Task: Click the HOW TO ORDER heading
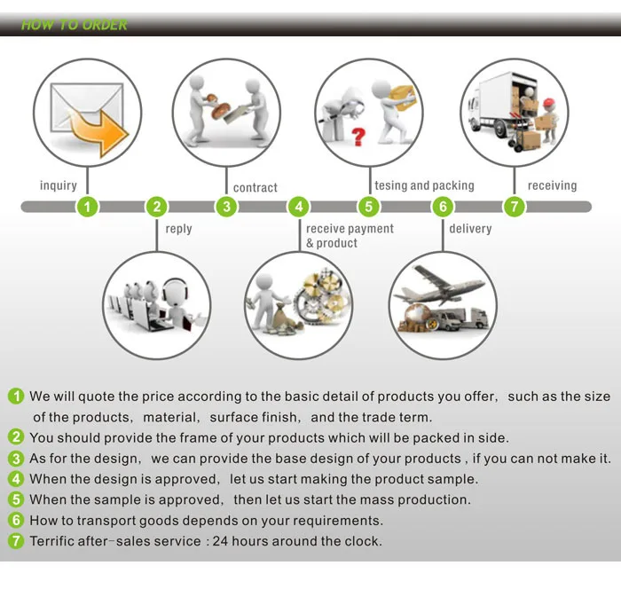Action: tap(75, 25)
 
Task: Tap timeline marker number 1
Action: tap(86, 208)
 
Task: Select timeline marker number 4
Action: tap(299, 208)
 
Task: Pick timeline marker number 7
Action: tap(514, 208)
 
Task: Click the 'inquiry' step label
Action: tap(59, 185)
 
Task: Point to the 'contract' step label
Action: tap(255, 188)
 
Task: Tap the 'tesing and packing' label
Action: tap(424, 185)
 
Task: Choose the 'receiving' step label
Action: tap(552, 185)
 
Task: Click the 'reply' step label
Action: tap(178, 229)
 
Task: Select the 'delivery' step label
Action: tap(470, 229)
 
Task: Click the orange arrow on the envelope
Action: tap(99, 134)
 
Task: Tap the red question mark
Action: tap(358, 137)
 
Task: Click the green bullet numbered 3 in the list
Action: tap(16, 459)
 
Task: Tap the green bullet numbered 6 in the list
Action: tap(16, 521)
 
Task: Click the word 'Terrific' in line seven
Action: tap(55, 541)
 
